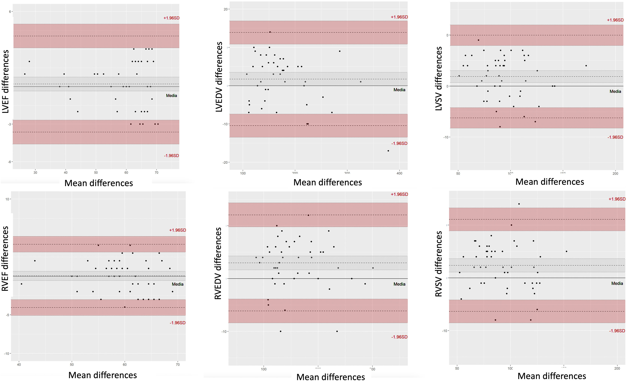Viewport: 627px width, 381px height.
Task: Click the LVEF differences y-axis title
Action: [6, 82]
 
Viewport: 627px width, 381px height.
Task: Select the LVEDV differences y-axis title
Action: [219, 77]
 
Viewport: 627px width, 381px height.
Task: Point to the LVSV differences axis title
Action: [438, 79]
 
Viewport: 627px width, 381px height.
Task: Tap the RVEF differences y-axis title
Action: [5, 258]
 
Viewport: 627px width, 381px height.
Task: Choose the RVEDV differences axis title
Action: [218, 263]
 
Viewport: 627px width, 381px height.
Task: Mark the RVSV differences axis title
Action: [438, 264]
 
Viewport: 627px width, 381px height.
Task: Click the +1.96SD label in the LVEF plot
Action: [171, 18]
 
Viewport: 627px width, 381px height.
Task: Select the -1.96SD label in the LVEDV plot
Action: [399, 143]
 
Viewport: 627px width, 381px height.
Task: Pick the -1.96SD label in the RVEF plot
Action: [177, 323]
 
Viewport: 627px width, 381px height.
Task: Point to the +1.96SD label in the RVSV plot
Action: [616, 199]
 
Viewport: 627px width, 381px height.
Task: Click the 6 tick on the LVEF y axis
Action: [10, 12]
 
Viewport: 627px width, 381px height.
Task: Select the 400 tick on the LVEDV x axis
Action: [399, 173]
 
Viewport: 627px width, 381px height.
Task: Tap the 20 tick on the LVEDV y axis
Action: [225, 9]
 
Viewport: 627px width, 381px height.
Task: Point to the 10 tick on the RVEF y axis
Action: [7, 199]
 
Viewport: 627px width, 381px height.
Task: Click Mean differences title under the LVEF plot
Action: [99, 183]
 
